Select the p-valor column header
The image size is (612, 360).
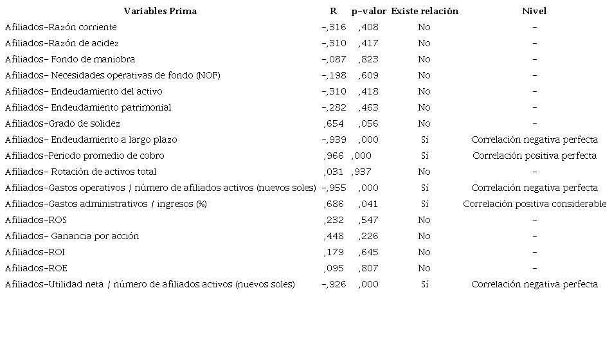coord(369,11)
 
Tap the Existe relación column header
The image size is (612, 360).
coord(424,11)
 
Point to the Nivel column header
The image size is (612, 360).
coord(534,11)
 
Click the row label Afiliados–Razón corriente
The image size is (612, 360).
coord(61,27)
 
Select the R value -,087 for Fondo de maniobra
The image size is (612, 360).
coord(334,59)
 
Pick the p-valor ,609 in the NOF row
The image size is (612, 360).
coord(368,75)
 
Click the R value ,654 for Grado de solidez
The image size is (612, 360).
coord(334,123)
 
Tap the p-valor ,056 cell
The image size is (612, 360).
coord(368,123)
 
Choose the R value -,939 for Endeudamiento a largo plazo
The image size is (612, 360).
coord(334,139)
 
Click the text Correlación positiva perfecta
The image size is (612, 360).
coord(534,156)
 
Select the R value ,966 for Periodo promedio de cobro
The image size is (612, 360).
coord(334,156)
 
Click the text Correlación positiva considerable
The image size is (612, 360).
coord(534,204)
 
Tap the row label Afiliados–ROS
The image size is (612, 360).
coord(35,220)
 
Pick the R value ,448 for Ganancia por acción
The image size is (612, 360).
coord(334,236)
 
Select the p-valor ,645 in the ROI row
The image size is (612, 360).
coord(368,252)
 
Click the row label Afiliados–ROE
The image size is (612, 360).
coord(36,268)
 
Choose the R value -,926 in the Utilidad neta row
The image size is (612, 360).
coord(334,284)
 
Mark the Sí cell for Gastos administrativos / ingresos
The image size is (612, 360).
coord(424,204)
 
